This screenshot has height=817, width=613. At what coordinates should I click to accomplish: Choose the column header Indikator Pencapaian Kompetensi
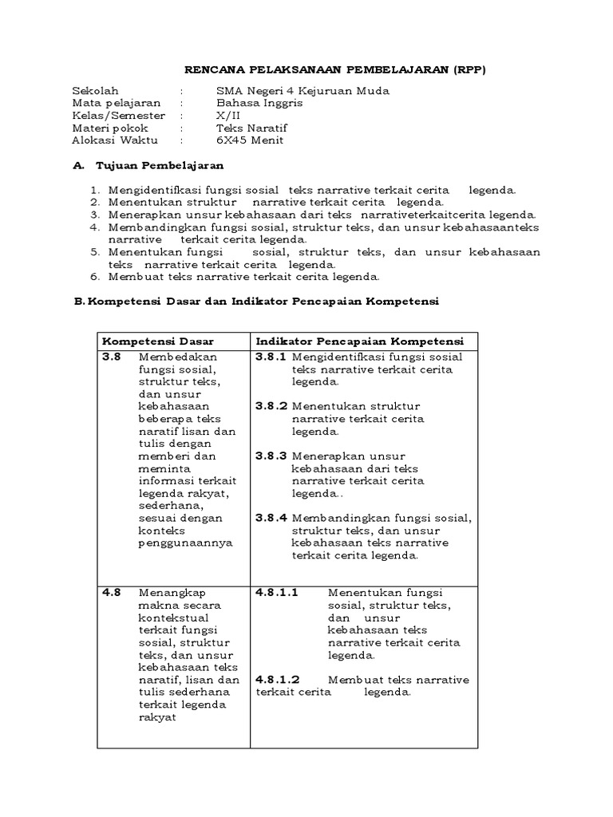click(360, 341)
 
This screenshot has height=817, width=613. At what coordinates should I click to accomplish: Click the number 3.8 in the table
click(112, 357)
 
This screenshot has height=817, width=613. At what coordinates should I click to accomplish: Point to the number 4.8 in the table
click(112, 593)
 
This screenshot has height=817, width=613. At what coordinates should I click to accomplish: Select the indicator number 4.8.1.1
click(277, 593)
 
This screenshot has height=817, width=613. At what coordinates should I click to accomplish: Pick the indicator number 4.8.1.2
click(277, 679)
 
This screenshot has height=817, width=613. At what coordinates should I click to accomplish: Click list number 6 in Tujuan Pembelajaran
click(93, 277)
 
